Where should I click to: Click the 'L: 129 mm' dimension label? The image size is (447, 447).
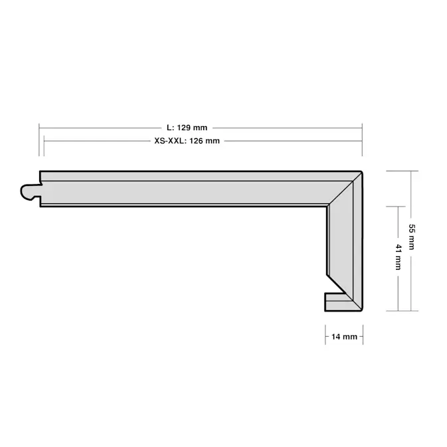[x=187, y=128]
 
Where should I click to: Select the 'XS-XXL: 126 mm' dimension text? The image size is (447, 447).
[x=187, y=141]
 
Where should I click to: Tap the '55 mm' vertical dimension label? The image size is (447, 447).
[x=411, y=237]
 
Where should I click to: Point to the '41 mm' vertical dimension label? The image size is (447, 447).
[x=399, y=257]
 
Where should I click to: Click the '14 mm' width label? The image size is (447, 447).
[x=344, y=337]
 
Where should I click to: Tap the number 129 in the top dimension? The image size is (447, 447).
[x=184, y=128]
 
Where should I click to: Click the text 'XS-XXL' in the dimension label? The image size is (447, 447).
[x=169, y=141]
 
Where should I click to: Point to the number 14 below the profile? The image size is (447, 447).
[x=336, y=337]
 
